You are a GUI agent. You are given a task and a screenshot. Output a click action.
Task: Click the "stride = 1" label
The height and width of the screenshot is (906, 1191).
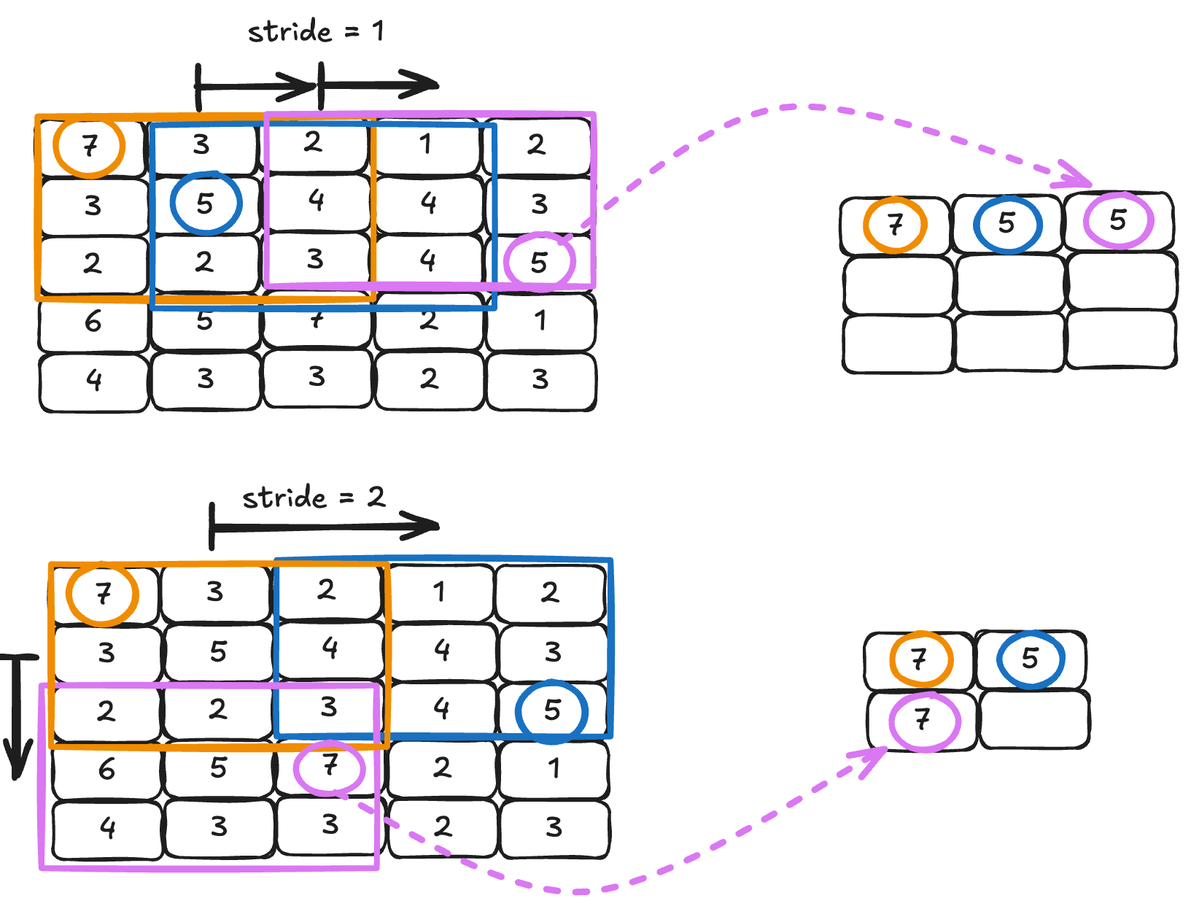tap(315, 31)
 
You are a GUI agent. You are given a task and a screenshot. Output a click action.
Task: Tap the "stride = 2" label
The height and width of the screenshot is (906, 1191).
tap(314, 497)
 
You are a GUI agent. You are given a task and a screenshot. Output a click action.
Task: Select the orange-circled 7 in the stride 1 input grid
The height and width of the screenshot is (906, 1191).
tap(89, 147)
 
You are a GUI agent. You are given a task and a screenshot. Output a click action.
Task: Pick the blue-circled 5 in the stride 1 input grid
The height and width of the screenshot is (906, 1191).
tap(206, 203)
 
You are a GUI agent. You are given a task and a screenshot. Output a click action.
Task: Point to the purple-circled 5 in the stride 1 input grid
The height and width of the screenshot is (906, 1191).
tap(539, 262)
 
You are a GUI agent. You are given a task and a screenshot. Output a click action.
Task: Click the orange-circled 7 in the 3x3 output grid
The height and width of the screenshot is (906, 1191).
tap(895, 225)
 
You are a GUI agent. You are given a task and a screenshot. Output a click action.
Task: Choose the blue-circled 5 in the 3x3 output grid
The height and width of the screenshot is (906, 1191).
tap(1007, 223)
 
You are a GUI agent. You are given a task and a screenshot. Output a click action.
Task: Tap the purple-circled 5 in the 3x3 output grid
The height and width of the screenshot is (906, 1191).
tap(1118, 220)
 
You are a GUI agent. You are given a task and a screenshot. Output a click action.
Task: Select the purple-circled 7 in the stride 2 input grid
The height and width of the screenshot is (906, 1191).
tap(330, 766)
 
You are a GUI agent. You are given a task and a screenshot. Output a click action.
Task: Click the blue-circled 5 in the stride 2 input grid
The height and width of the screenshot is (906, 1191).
tap(551, 711)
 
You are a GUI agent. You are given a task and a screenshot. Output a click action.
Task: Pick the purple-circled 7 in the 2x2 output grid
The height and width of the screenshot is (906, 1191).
tap(923, 721)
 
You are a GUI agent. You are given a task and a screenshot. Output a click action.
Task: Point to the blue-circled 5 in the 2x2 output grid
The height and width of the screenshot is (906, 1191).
tap(1030, 659)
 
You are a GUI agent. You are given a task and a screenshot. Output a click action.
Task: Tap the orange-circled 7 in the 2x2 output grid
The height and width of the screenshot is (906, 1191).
tap(920, 659)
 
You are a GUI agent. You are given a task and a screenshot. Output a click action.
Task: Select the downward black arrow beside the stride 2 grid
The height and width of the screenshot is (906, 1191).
tap(18, 715)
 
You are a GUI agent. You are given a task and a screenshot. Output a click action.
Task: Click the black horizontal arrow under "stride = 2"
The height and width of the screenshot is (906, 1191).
tap(325, 526)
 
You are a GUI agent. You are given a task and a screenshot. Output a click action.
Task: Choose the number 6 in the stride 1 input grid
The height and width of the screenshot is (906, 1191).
tap(93, 321)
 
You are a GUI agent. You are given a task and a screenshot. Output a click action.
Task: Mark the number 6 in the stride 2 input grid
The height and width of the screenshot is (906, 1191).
tap(106, 769)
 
